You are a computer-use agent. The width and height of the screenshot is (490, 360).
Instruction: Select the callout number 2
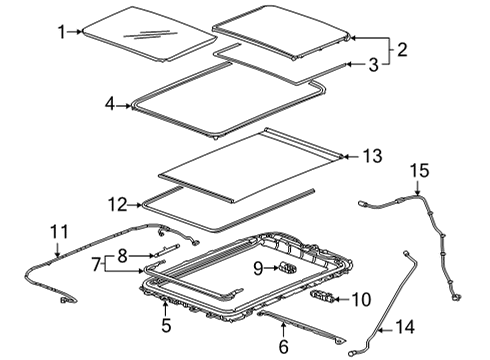403,48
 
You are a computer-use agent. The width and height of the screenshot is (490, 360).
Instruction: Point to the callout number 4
111,102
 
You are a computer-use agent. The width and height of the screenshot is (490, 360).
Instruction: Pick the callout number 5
167,324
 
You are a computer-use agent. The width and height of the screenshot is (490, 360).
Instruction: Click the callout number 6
283,346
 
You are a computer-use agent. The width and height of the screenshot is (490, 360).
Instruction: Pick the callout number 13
372,155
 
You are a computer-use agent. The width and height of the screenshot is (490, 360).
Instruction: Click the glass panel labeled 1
145,36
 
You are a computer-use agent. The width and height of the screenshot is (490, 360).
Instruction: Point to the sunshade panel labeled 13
250,160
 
